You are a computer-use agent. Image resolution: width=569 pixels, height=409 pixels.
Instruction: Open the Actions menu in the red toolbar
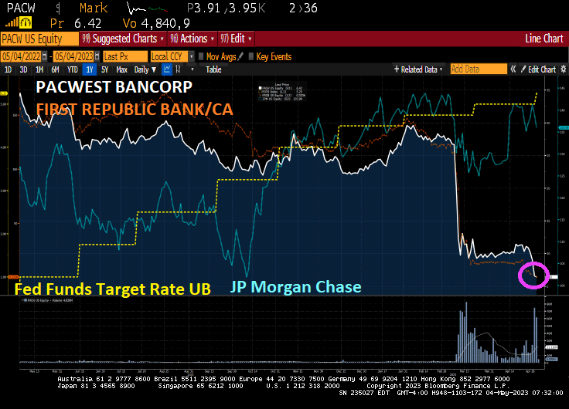point(193,39)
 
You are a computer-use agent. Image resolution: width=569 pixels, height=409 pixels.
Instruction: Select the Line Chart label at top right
point(543,39)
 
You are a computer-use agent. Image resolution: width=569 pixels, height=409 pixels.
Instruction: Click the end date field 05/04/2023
point(76,56)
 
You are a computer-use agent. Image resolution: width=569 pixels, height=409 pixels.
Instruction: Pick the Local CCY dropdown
point(170,56)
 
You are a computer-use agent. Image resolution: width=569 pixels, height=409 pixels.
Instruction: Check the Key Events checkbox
point(251,56)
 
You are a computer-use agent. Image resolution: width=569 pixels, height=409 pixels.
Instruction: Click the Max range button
point(121,69)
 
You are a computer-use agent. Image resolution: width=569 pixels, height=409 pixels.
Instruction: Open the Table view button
point(213,69)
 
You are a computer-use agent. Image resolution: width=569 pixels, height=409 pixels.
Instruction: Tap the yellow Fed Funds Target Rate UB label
point(113,289)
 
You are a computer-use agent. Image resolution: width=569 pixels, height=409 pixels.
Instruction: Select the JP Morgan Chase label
point(295,287)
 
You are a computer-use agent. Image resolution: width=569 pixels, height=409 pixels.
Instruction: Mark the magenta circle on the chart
point(533,274)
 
